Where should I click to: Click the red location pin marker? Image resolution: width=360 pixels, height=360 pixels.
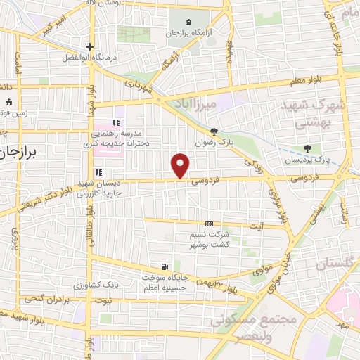point(181,165)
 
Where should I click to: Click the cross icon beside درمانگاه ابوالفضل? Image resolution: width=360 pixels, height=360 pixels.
point(89,46)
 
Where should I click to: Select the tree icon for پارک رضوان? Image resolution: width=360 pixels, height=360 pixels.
point(214,131)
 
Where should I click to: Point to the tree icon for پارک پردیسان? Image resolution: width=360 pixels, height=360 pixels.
point(307,148)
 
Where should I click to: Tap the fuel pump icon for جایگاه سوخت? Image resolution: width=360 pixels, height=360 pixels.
point(164,266)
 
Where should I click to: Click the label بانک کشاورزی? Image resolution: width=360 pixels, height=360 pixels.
point(94,285)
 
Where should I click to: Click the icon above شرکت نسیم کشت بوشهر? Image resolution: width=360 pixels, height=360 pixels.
point(207,224)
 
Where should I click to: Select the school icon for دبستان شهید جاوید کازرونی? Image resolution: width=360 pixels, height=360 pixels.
point(99,172)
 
